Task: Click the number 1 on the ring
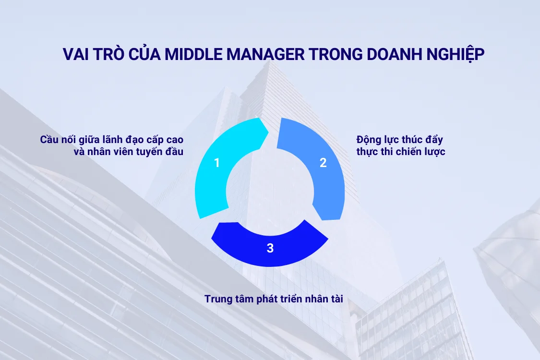pyautogui.click(x=217, y=163)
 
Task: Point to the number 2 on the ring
pyautogui.click(x=323, y=163)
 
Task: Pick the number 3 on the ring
pyautogui.click(x=270, y=248)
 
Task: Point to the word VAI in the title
pyautogui.click(x=75, y=54)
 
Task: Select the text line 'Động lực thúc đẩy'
pyautogui.click(x=399, y=140)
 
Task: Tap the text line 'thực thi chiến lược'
pyautogui.click(x=401, y=152)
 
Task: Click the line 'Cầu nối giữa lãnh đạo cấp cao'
pyautogui.click(x=112, y=140)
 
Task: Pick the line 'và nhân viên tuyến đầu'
pyautogui.click(x=129, y=152)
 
